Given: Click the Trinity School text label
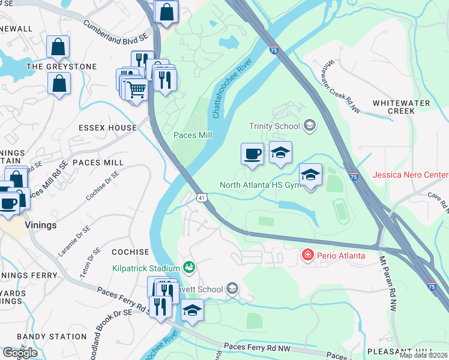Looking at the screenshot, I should (274, 126).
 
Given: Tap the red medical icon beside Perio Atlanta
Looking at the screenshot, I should (308, 256).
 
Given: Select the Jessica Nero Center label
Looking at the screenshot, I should (410, 175).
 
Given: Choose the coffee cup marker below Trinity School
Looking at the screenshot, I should (252, 153).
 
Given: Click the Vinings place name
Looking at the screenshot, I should (41, 226).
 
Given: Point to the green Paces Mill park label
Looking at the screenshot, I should (193, 136).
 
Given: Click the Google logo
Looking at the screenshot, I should (20, 352).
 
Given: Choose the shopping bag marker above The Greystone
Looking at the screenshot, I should (58, 46).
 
